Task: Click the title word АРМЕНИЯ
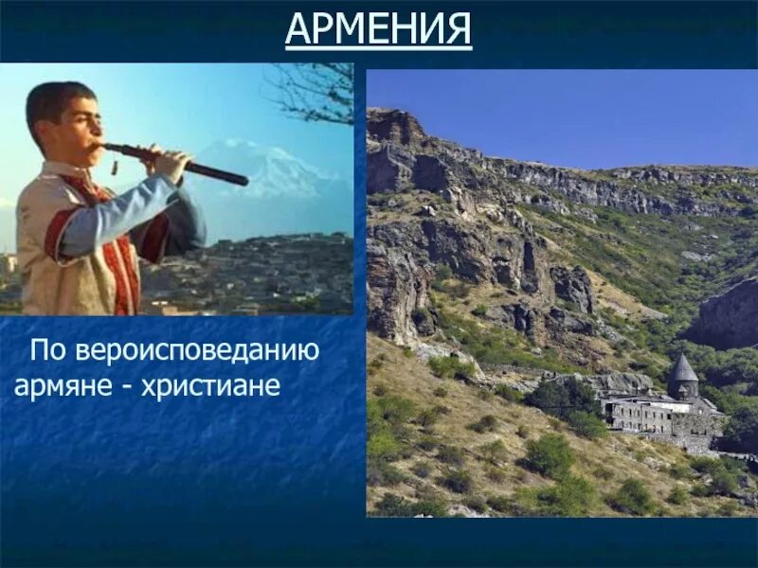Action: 378,28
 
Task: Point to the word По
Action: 47,351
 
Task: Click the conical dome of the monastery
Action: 683,368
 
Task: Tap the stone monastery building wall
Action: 644,417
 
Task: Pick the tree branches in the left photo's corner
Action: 317,90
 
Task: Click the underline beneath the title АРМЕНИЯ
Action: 378,47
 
